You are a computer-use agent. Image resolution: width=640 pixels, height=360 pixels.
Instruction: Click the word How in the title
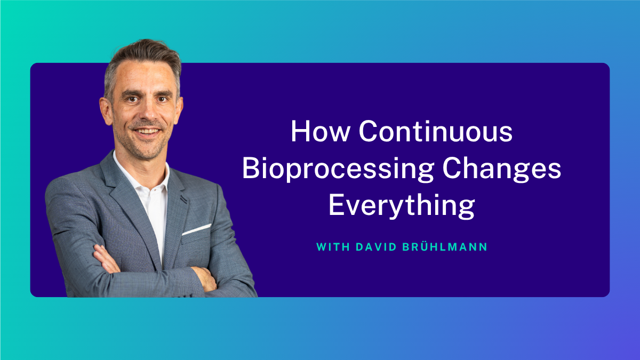point(321,131)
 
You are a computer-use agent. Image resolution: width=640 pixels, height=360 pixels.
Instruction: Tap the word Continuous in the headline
point(436,131)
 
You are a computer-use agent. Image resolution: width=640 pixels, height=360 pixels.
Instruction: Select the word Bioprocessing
point(338,170)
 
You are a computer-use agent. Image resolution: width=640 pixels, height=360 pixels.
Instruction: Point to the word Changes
point(502,170)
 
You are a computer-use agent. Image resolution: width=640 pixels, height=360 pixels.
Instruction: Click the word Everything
point(402,206)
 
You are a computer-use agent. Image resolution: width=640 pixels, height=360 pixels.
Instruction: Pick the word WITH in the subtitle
point(333,247)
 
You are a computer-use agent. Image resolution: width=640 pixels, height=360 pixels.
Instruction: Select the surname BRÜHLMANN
point(445,246)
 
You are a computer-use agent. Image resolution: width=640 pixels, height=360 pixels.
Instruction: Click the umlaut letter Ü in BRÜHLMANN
point(426,246)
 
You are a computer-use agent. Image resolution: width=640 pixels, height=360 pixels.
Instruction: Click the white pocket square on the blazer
point(197,229)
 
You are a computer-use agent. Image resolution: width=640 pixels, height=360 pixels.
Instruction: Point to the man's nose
point(148,113)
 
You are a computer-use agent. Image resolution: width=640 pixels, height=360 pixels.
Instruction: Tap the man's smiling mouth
point(147,132)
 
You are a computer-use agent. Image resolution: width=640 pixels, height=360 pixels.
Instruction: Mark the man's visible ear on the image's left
point(106,110)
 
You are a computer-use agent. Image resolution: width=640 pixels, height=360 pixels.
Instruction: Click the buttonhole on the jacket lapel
point(183,199)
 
